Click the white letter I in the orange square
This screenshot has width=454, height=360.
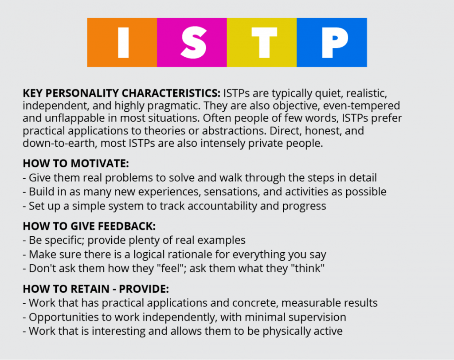[123, 42]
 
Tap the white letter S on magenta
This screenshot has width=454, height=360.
[193, 42]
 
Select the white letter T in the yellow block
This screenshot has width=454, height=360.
[264, 43]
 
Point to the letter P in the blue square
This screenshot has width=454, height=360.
[335, 43]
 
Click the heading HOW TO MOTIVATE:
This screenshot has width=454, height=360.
[76, 163]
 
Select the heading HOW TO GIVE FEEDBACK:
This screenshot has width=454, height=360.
[89, 226]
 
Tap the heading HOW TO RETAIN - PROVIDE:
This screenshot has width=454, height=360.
[96, 289]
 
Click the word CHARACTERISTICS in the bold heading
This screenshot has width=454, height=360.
[171, 93]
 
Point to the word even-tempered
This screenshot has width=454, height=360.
[361, 106]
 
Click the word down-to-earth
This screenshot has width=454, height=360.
[59, 143]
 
